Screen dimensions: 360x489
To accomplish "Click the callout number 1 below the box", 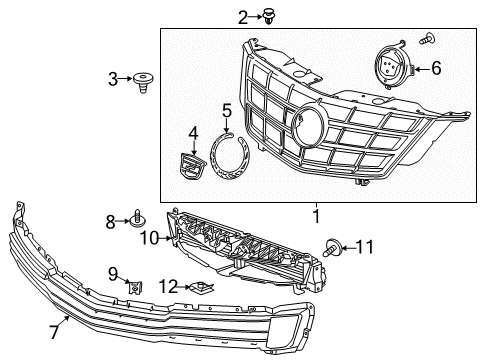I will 316,214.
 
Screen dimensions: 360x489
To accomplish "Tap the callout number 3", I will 113,77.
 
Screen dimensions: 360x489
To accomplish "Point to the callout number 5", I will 227,110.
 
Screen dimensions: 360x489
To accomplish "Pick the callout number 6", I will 436,69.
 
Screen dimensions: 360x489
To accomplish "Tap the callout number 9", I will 113,273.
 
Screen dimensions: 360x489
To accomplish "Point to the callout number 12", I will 171,287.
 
